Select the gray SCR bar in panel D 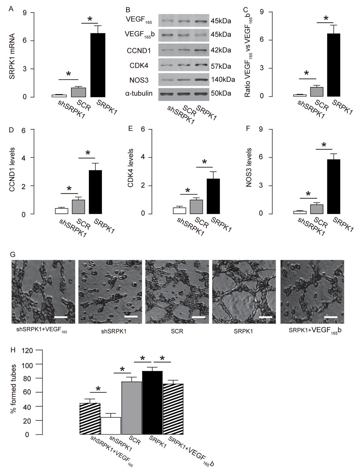(78, 207)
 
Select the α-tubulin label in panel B (139, 93)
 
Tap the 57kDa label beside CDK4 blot (221, 66)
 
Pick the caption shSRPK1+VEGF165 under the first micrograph (41, 332)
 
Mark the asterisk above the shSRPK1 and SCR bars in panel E (188, 190)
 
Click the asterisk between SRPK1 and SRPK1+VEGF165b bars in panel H (162, 358)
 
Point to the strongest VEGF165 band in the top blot (201, 21)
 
